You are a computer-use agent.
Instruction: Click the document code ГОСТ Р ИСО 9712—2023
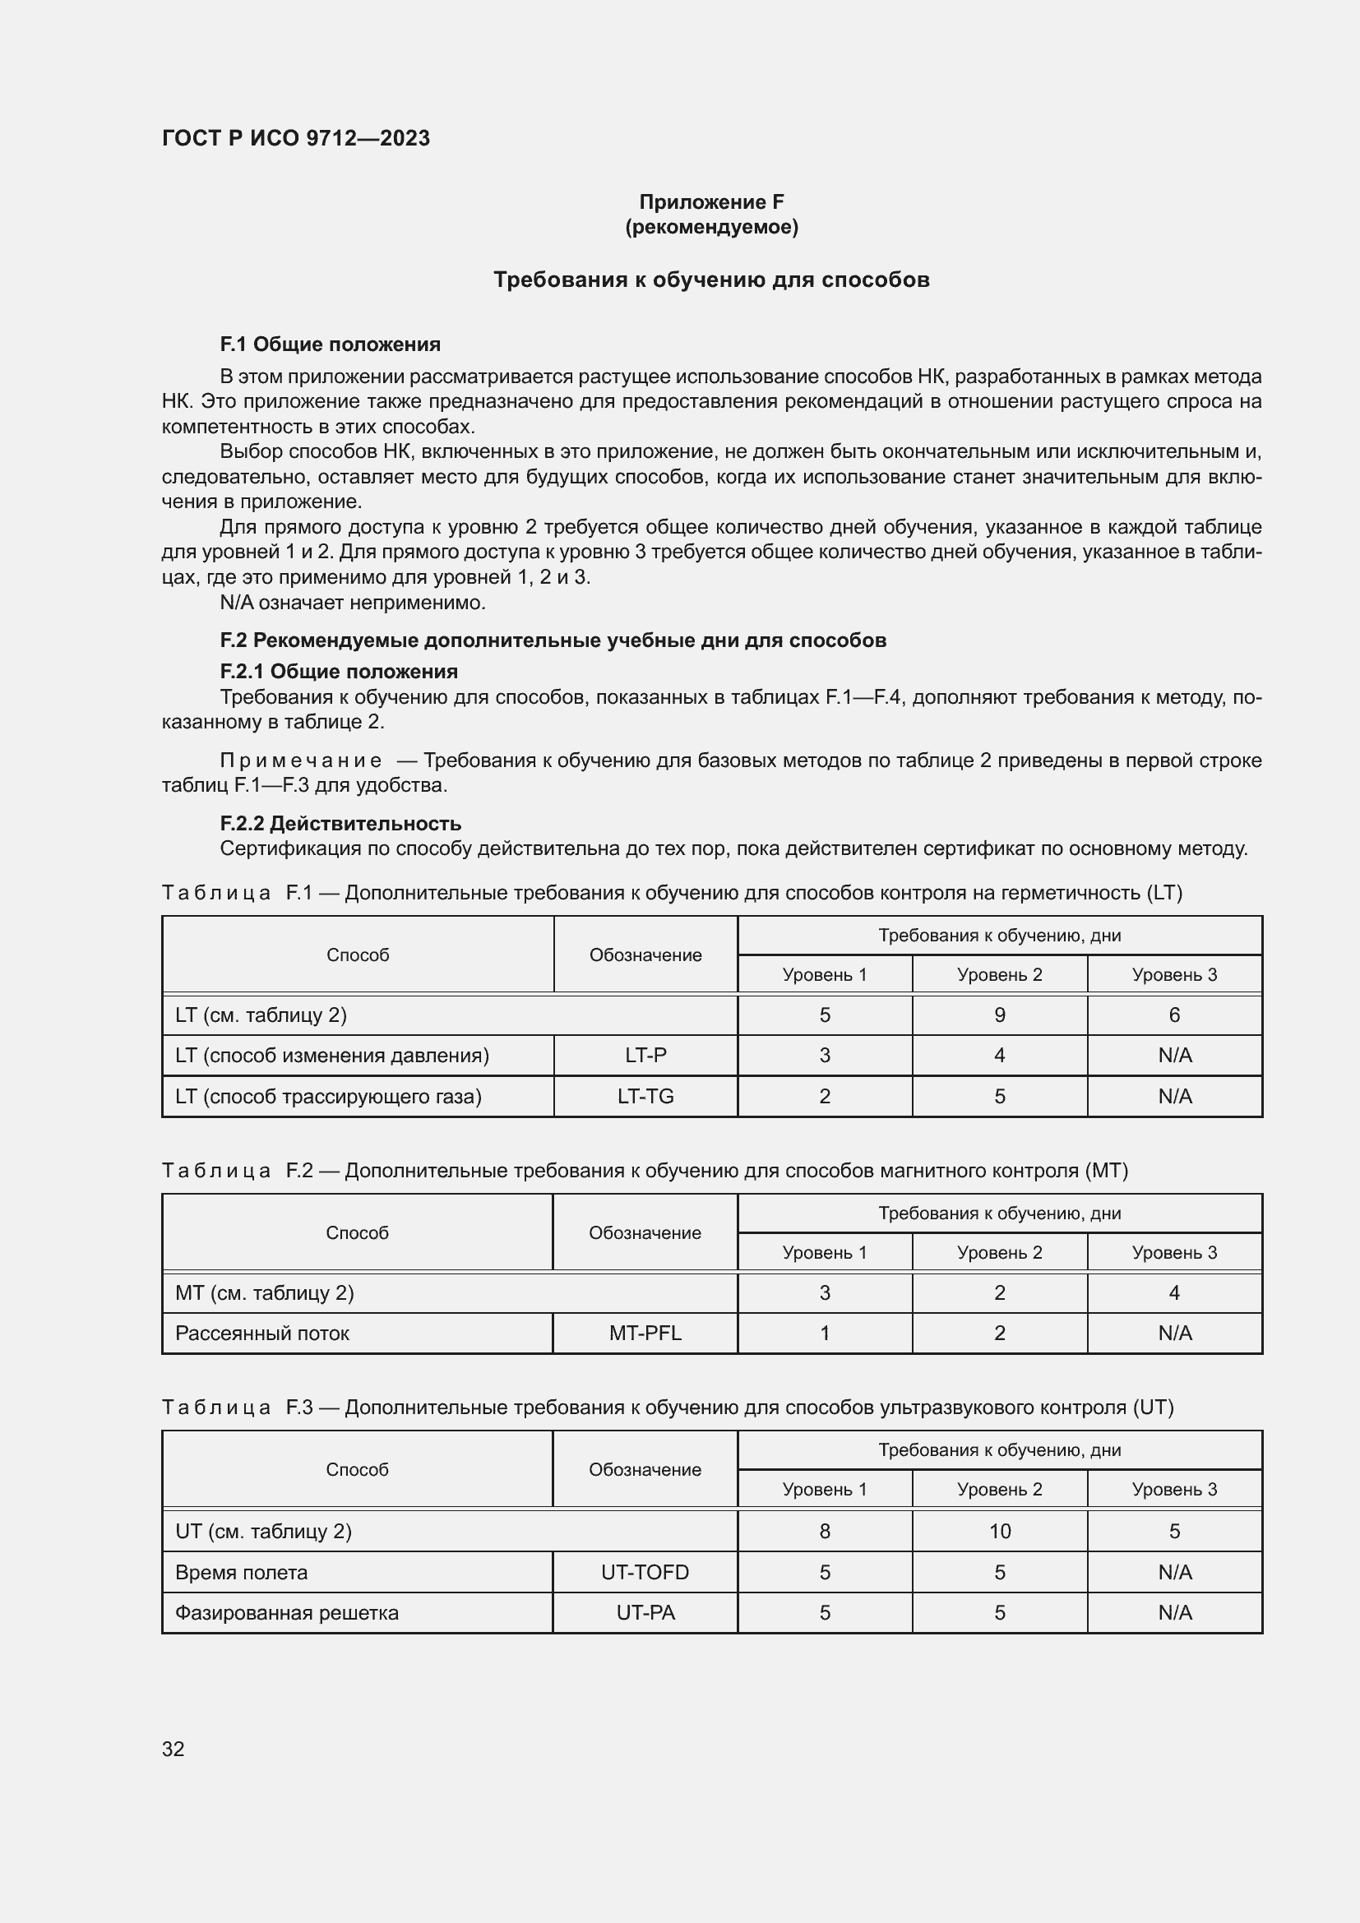click(296, 138)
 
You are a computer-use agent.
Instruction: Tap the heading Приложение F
click(711, 202)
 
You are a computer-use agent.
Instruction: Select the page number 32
click(173, 1749)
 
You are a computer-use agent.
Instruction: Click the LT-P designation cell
click(645, 1056)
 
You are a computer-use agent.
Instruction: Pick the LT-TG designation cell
click(645, 1097)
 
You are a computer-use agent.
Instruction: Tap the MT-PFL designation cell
click(645, 1334)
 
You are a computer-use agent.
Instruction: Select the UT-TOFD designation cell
click(645, 1572)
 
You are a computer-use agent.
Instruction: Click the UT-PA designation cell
click(645, 1612)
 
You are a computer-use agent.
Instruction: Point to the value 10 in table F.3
click(1000, 1531)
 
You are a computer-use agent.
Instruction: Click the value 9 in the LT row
click(1000, 1015)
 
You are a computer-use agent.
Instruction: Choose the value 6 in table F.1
click(1174, 1015)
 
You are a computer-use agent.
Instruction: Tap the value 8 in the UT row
click(825, 1531)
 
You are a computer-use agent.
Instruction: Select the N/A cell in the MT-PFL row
click(1174, 1334)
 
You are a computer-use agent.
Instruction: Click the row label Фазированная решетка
click(286, 1612)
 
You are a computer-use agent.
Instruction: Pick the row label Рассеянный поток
click(262, 1334)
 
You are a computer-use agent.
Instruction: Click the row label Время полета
click(241, 1572)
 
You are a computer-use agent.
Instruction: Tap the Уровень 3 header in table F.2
click(1174, 1252)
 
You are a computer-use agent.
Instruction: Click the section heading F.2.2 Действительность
click(340, 823)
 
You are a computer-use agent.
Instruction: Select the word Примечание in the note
click(301, 760)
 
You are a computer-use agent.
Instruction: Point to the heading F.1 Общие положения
click(330, 344)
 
